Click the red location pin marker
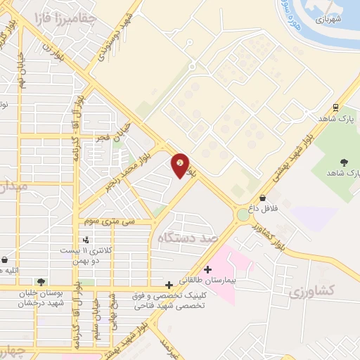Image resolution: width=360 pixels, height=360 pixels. [180, 165]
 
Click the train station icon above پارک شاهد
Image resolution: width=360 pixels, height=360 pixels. [336, 108]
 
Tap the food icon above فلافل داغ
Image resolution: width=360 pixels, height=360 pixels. [262, 198]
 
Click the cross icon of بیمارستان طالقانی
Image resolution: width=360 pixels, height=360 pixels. [207, 269]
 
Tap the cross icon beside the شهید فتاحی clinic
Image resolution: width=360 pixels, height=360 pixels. [169, 285]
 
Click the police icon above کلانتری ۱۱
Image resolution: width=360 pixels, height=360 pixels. [86, 240]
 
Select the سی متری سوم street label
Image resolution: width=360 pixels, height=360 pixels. [109, 221]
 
